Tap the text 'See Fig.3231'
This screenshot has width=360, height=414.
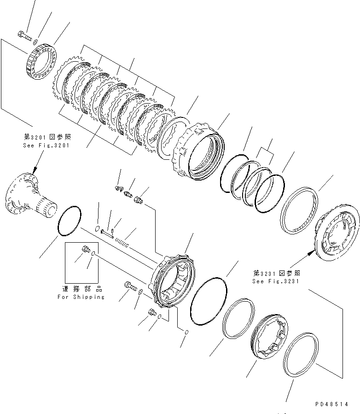click(x=275, y=281)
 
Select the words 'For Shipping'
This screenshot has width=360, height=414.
click(x=81, y=297)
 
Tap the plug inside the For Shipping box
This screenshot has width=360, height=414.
click(x=85, y=250)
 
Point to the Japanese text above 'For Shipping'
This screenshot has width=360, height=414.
click(x=81, y=289)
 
